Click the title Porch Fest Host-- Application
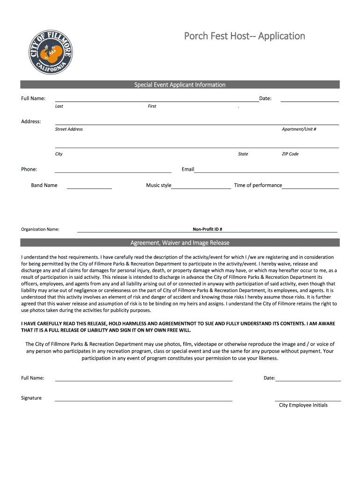point(244,36)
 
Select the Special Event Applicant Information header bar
point(180,85)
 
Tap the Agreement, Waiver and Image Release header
point(180,243)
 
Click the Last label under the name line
point(59,106)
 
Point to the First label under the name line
point(152,106)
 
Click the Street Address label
point(69,129)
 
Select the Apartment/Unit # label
point(299,129)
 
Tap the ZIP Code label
point(290,154)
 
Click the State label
point(243,154)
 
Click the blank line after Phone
point(113,171)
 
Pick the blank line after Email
point(266,171)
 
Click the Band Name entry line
point(89,187)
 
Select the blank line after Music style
point(201,187)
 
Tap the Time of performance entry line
point(310,187)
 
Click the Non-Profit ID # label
point(207,229)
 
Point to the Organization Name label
point(40,229)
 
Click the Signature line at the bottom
point(144,399)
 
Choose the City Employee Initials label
point(303,405)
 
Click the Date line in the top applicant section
point(310,100)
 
